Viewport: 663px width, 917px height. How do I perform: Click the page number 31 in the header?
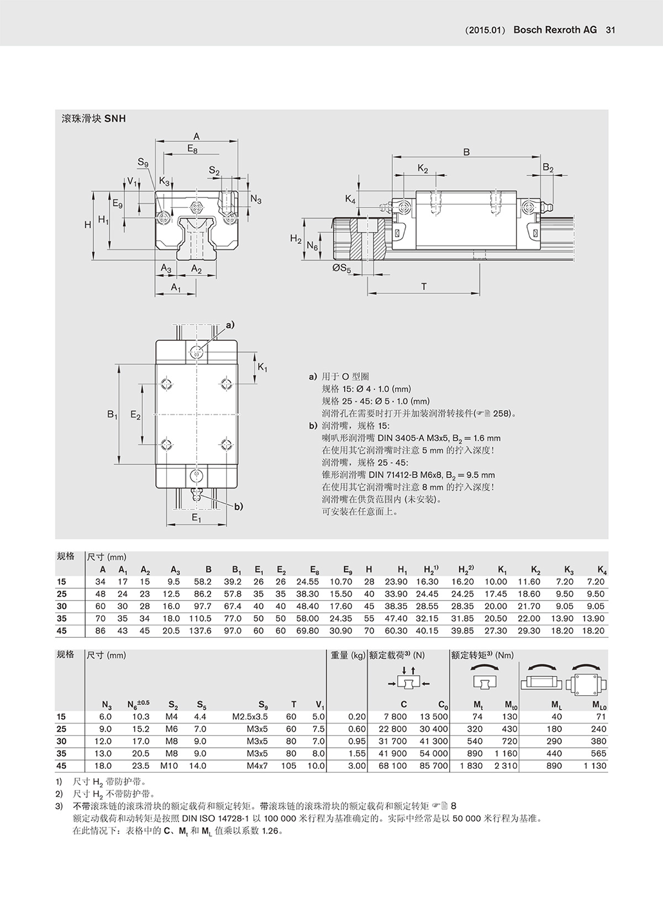[x=611, y=30]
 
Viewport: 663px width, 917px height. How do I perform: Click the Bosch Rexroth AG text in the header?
[x=555, y=30]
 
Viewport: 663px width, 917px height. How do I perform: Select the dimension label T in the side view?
[x=424, y=286]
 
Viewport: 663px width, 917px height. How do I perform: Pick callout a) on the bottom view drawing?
[x=230, y=325]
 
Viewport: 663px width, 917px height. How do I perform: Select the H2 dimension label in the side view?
[x=296, y=238]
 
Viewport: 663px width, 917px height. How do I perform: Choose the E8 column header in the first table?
[x=314, y=570]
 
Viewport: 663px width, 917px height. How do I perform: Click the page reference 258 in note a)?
[x=501, y=413]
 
